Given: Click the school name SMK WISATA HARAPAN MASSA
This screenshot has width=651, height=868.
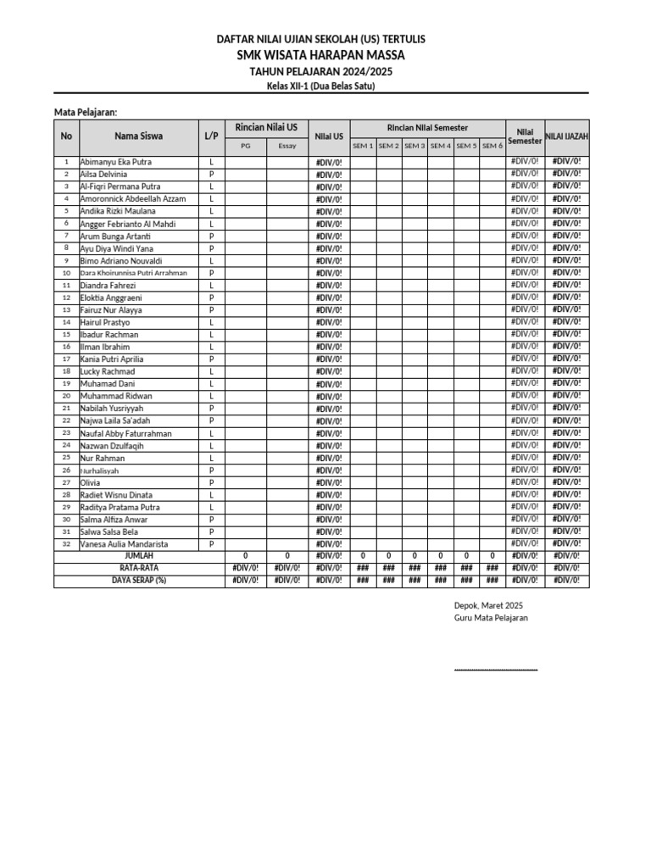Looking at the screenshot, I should point(321,55).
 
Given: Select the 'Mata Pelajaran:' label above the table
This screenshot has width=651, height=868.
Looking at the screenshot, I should point(86,112).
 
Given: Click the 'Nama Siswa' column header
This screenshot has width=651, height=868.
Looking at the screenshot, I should point(139,136).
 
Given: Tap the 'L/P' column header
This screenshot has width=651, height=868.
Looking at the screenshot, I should point(211,136).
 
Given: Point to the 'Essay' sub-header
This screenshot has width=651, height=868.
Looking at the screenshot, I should point(287,146).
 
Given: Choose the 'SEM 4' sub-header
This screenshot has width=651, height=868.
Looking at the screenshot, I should point(440,146).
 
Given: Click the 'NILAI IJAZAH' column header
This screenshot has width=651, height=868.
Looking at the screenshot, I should point(566,136).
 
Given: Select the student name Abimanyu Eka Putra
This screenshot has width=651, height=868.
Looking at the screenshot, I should point(115,161).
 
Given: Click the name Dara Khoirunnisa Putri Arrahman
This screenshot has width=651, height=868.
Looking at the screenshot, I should point(134,273).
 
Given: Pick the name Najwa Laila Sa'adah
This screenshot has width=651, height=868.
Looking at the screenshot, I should point(114,421).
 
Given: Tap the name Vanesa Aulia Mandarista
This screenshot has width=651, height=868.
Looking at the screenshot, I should point(124,544).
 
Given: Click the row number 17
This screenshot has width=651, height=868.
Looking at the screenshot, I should point(66,359).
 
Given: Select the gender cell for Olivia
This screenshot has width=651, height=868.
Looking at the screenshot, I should point(211,482).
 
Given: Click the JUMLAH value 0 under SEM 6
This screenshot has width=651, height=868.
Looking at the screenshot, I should point(492,556).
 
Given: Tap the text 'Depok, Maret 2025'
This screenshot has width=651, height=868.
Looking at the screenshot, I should point(489,605).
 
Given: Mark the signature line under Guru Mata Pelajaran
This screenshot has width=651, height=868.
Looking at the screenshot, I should point(496,670).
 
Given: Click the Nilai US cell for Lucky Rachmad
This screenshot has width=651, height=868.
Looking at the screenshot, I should point(329,372).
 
